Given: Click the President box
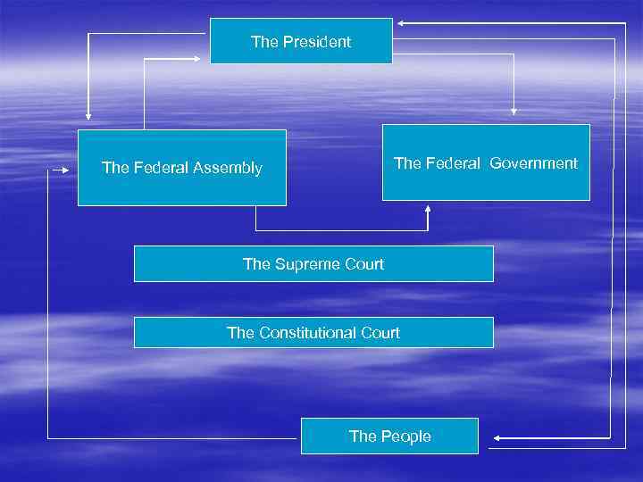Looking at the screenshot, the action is tap(301, 41).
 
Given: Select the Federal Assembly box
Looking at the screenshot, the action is tap(182, 168).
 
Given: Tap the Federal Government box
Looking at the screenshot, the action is tap(486, 162).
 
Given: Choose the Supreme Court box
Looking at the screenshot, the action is tap(313, 263).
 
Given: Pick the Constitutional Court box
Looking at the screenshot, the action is tap(313, 332).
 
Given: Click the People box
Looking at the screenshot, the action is tap(389, 436).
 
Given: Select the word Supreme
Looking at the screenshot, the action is tap(304, 263).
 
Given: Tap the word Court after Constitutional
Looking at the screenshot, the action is tap(377, 333).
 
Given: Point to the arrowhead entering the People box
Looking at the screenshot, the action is tap(497, 437).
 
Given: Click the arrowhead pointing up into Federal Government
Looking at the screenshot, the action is tap(428, 209).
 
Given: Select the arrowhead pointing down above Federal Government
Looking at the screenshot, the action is tap(514, 111).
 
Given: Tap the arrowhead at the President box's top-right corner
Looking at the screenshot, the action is tap(403, 21).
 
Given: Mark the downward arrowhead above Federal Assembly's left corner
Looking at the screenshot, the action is tap(88, 114).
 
